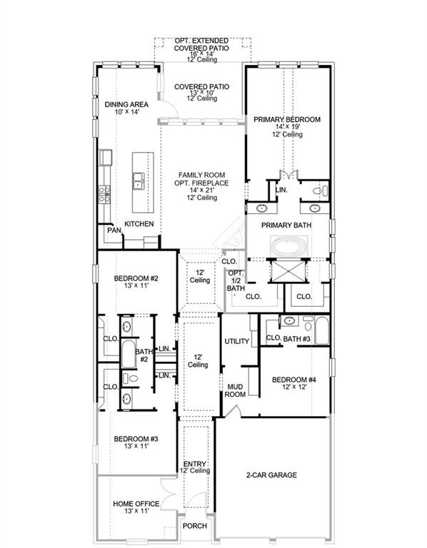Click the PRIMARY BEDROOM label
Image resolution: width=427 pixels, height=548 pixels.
click(287, 120)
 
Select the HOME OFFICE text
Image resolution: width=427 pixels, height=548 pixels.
click(136, 504)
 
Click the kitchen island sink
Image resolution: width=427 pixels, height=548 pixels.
click(137, 182)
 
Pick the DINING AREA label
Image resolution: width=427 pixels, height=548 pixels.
click(126, 104)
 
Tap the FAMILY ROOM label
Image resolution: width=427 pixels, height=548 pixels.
click(201, 173)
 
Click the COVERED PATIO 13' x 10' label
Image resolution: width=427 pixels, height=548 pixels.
click(201, 87)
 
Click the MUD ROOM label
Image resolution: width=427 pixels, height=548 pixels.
click(236, 390)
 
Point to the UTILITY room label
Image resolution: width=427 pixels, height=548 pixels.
click(236, 341)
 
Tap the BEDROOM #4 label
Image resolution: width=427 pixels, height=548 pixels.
click(293, 380)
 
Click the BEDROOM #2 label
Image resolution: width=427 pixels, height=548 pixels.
click(136, 278)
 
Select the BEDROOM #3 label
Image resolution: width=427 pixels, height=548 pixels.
click(136, 438)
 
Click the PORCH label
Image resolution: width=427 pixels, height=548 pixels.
click(196, 526)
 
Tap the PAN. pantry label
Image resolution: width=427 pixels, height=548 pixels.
click(114, 230)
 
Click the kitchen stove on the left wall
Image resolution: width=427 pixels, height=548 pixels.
click(104, 191)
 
